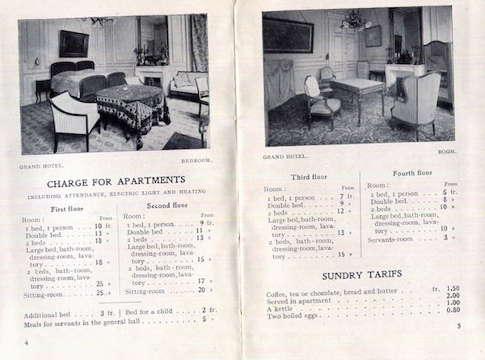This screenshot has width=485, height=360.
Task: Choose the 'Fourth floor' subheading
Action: tap(412, 173)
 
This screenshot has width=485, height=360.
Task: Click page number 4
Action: tap(27, 342)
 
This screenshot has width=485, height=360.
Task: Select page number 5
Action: tap(457, 326)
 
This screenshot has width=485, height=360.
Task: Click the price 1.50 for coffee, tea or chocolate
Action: tap(453, 288)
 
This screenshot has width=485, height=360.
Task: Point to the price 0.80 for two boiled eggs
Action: tap(453, 310)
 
